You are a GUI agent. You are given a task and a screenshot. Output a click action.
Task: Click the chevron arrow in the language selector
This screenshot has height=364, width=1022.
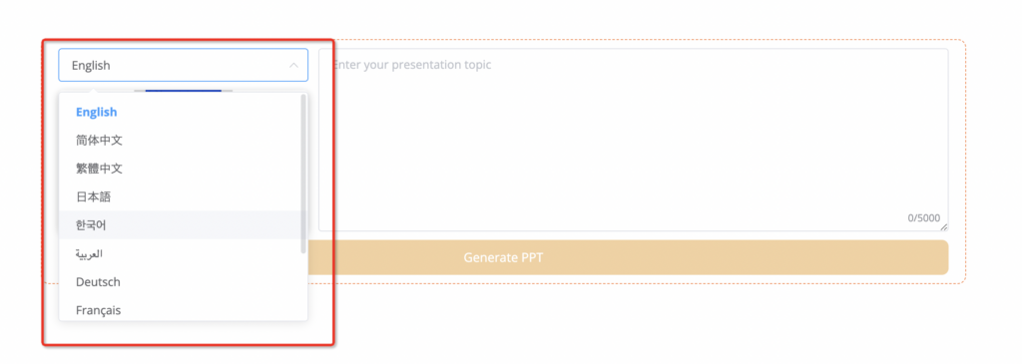point(293,65)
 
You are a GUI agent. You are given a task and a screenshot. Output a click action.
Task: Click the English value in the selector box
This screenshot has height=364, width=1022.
point(91,66)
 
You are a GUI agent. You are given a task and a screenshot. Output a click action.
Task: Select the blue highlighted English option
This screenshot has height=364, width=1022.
point(97,112)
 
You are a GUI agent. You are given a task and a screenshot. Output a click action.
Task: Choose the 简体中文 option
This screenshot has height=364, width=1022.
point(99,140)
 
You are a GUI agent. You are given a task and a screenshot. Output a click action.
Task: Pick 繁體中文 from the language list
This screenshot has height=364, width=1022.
point(99,169)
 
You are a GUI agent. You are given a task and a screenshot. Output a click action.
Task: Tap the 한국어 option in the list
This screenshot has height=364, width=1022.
point(91,225)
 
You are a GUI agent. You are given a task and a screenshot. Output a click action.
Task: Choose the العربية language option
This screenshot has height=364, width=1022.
point(89,253)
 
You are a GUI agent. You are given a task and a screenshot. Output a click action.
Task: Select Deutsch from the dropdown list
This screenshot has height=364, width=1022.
point(98,282)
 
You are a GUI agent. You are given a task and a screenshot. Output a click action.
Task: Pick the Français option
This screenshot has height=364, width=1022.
point(98,310)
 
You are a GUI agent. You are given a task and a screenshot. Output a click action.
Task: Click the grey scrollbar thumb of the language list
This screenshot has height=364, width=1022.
point(303,174)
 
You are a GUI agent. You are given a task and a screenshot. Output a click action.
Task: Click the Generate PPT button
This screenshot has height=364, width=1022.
point(503,257)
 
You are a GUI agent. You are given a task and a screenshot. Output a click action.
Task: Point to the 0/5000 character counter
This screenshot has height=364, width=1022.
point(924,218)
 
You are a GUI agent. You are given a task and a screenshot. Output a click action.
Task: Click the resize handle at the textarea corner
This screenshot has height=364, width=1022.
point(944,227)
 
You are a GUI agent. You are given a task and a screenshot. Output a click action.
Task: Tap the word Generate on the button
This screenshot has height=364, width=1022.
point(489,258)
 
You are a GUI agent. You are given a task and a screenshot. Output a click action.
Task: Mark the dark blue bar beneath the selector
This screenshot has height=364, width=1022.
point(184,91)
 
